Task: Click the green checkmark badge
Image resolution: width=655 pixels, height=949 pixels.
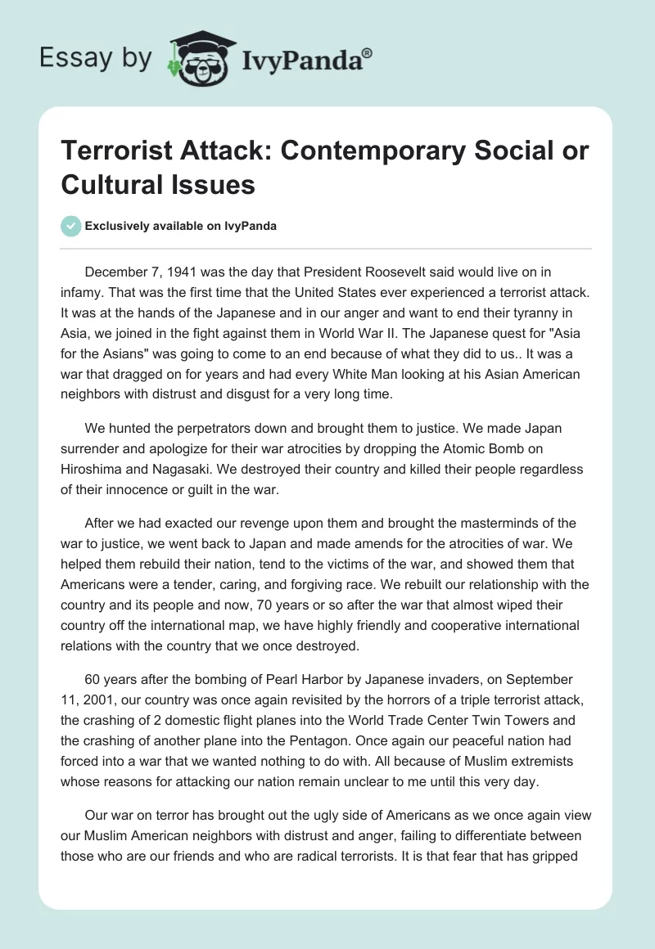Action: [72, 226]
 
